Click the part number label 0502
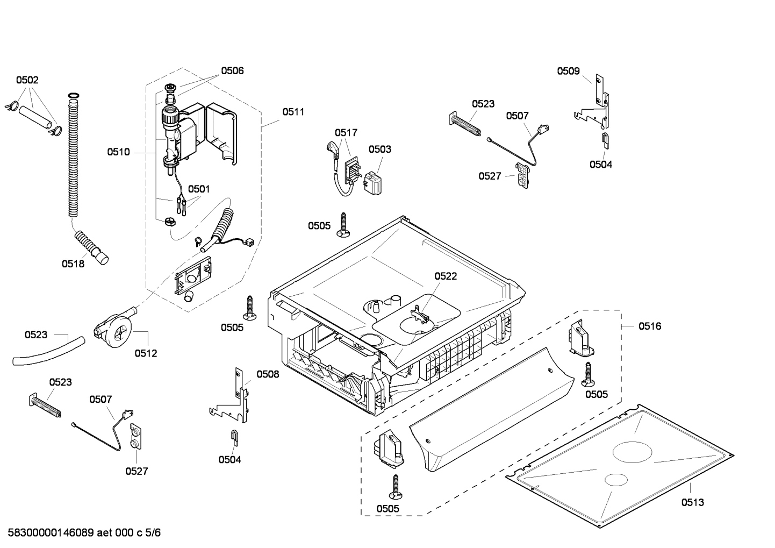[27, 80]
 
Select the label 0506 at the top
[232, 70]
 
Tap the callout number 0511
[293, 112]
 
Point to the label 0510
[118, 152]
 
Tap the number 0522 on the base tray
[446, 276]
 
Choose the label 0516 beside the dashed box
[650, 326]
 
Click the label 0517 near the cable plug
[346, 132]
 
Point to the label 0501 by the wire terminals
[199, 189]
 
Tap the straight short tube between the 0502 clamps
[35, 117]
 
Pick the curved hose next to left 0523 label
[48, 351]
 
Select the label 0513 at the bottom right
[692, 502]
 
